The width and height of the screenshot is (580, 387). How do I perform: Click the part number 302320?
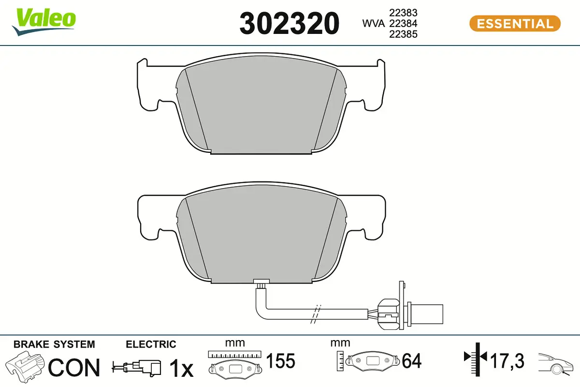coord(290,23)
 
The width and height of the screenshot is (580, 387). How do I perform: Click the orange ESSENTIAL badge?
coord(515,23)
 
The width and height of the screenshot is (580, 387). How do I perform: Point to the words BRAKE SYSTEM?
coord(54,344)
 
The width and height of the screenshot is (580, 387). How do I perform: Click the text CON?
coord(74,368)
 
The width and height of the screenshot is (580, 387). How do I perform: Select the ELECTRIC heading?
coord(151,344)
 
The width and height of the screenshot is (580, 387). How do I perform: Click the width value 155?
coord(281,361)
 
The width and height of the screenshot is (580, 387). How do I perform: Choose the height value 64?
coord(411,361)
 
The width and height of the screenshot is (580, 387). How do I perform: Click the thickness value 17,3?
coord(507,361)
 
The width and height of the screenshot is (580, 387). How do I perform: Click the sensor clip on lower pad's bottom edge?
coord(261,283)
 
